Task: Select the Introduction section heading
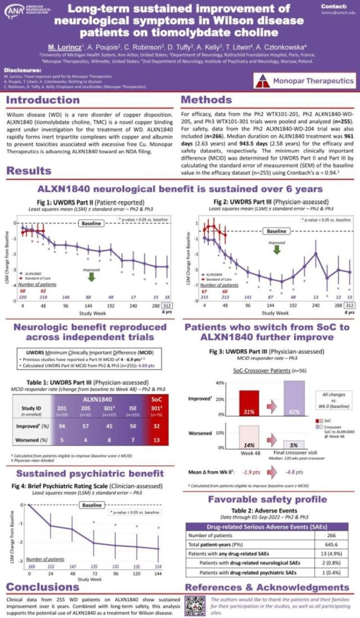click(x=44, y=101)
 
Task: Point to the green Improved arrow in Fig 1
click(x=91, y=276)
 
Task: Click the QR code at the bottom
click(x=194, y=606)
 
